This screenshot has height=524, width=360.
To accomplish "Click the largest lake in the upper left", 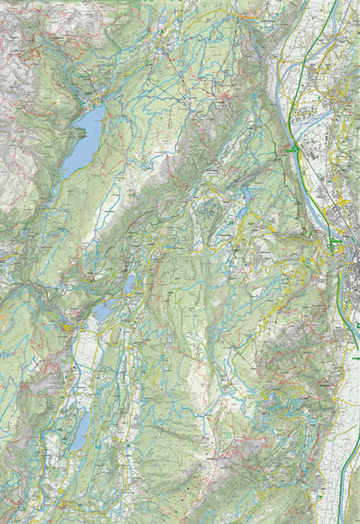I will (x=83, y=140).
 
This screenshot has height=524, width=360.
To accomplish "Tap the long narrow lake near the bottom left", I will (x=81, y=430).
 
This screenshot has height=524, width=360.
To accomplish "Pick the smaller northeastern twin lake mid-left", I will (x=130, y=285).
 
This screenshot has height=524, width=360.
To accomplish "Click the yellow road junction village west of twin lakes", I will (x=67, y=329).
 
